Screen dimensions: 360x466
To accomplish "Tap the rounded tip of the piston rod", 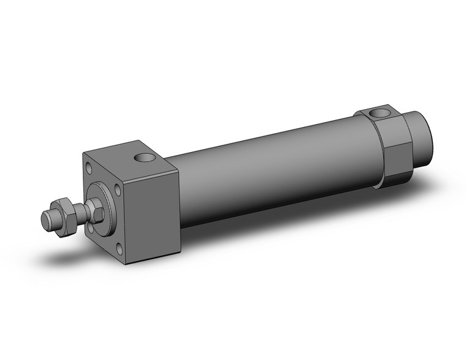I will pos(46,218).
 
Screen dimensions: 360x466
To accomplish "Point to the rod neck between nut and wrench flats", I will pos(80,212).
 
